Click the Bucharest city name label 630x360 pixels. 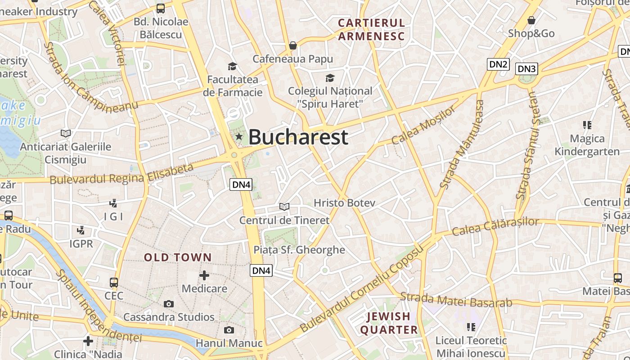click(298, 137)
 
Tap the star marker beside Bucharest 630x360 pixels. click(238, 136)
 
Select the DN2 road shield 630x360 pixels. click(498, 64)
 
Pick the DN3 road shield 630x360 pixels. click(526, 69)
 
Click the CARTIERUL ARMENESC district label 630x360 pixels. click(371, 30)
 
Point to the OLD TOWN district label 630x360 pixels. click(178, 257)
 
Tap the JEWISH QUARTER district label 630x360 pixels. click(389, 323)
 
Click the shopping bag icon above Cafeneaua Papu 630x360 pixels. click(293, 45)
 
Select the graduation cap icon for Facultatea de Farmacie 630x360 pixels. click(232, 67)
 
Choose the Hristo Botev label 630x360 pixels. click(344, 203)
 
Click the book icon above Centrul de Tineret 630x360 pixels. click(284, 207)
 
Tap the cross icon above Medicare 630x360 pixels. click(204, 275)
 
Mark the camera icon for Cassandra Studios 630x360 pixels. click(169, 304)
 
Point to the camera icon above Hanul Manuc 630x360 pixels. click(229, 330)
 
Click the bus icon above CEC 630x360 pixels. click(114, 283)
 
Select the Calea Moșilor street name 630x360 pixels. click(423, 126)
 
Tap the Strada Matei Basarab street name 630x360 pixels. click(456, 300)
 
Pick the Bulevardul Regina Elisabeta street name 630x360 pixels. click(121, 174)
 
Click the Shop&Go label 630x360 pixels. click(531, 33)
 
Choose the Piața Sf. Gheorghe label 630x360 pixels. click(299, 250)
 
